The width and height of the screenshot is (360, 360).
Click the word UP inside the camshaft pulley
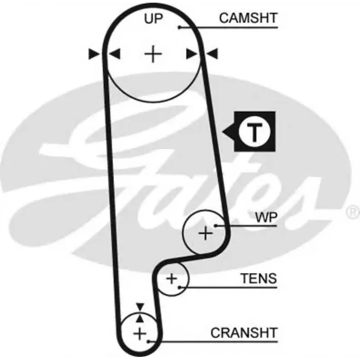pyautogui.click(x=153, y=18)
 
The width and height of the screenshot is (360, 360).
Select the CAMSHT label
pyautogui.click(x=248, y=18)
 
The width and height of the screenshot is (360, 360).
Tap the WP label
pyautogui.click(x=266, y=217)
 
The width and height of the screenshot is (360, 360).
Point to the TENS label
pyautogui.click(x=258, y=278)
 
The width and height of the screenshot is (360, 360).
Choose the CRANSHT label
pyautogui.click(x=244, y=333)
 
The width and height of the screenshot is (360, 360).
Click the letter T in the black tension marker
pyautogui.click(x=254, y=132)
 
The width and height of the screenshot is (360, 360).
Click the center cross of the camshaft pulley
pyautogui.click(x=153, y=54)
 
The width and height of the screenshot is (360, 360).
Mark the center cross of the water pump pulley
pyautogui.click(x=205, y=233)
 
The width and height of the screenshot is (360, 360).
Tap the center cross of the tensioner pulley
pyautogui.click(x=171, y=279)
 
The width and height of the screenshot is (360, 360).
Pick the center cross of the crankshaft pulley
pyautogui.click(x=139, y=333)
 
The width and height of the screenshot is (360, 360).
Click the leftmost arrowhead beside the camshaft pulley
pyautogui.click(x=94, y=54)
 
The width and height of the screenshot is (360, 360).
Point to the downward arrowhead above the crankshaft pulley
pyautogui.click(x=140, y=307)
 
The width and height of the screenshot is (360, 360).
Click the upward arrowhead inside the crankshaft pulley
pyautogui.click(x=140, y=319)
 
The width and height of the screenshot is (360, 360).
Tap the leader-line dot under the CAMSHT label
pyautogui.click(x=180, y=27)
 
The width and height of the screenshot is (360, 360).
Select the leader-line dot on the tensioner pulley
pyautogui.click(x=179, y=287)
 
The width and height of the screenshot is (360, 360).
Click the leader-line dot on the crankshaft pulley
pyautogui.click(x=148, y=342)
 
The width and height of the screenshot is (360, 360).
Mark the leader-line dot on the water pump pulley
pyautogui.click(x=216, y=226)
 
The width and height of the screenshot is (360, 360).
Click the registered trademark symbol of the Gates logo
pyautogui.click(x=353, y=212)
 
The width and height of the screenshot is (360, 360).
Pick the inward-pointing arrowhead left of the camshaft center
pyautogui.click(x=115, y=54)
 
